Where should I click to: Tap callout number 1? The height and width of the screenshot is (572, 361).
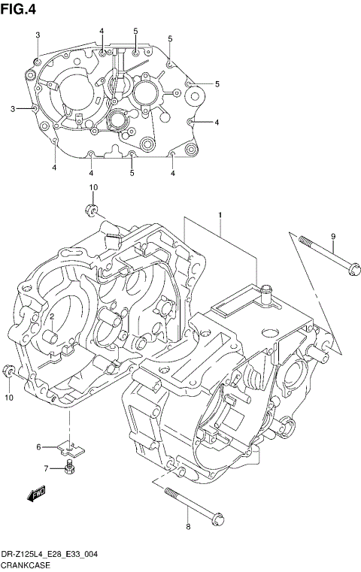(220, 216)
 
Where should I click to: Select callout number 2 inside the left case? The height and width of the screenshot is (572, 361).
(52, 316)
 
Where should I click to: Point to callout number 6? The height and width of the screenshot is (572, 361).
(38, 447)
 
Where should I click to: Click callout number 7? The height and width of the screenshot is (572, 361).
(46, 469)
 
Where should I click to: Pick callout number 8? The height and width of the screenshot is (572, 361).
(188, 526)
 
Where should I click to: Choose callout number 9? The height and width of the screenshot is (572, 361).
(332, 237)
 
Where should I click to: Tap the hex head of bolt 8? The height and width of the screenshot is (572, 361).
(217, 517)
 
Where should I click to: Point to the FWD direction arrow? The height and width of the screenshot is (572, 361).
(36, 493)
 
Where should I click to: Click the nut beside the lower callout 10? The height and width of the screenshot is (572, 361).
(10, 370)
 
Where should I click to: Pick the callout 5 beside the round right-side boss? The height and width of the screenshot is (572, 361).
(217, 84)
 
